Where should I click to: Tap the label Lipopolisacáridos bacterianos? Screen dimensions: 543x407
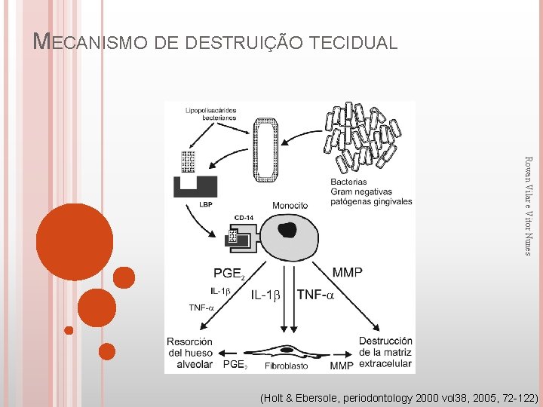(x=210, y=114)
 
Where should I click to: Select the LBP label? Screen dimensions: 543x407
(x=206, y=203)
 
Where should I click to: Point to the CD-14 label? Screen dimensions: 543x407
(x=244, y=218)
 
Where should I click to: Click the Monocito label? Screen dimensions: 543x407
(x=290, y=205)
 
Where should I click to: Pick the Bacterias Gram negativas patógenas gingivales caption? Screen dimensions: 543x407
(x=371, y=191)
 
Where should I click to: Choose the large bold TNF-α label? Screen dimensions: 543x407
(x=315, y=295)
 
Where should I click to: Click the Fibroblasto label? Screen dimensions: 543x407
(x=287, y=366)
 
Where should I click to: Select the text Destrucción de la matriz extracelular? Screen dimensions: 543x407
(x=385, y=352)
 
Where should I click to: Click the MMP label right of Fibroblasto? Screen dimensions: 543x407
(x=341, y=366)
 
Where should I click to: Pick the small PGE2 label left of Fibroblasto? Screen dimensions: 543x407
(x=235, y=365)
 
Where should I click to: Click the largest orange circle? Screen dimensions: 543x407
(x=75, y=242)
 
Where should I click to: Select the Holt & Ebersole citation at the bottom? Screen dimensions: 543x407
(x=398, y=396)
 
